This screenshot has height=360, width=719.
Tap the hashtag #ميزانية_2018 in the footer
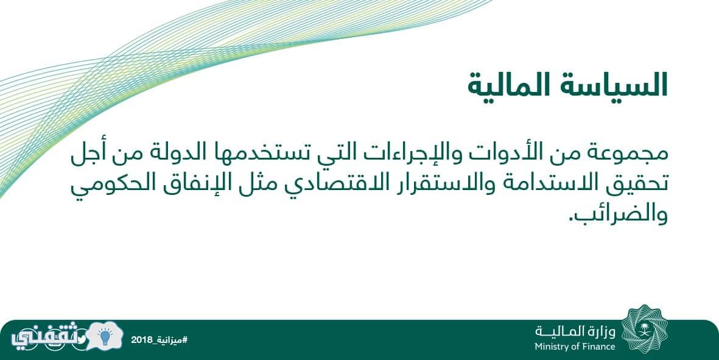coord(159,340)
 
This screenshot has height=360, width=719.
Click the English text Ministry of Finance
coord(575,347)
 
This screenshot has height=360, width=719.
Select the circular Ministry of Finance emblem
coord(645,329)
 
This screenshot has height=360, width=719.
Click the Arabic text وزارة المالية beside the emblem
coord(575,331)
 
